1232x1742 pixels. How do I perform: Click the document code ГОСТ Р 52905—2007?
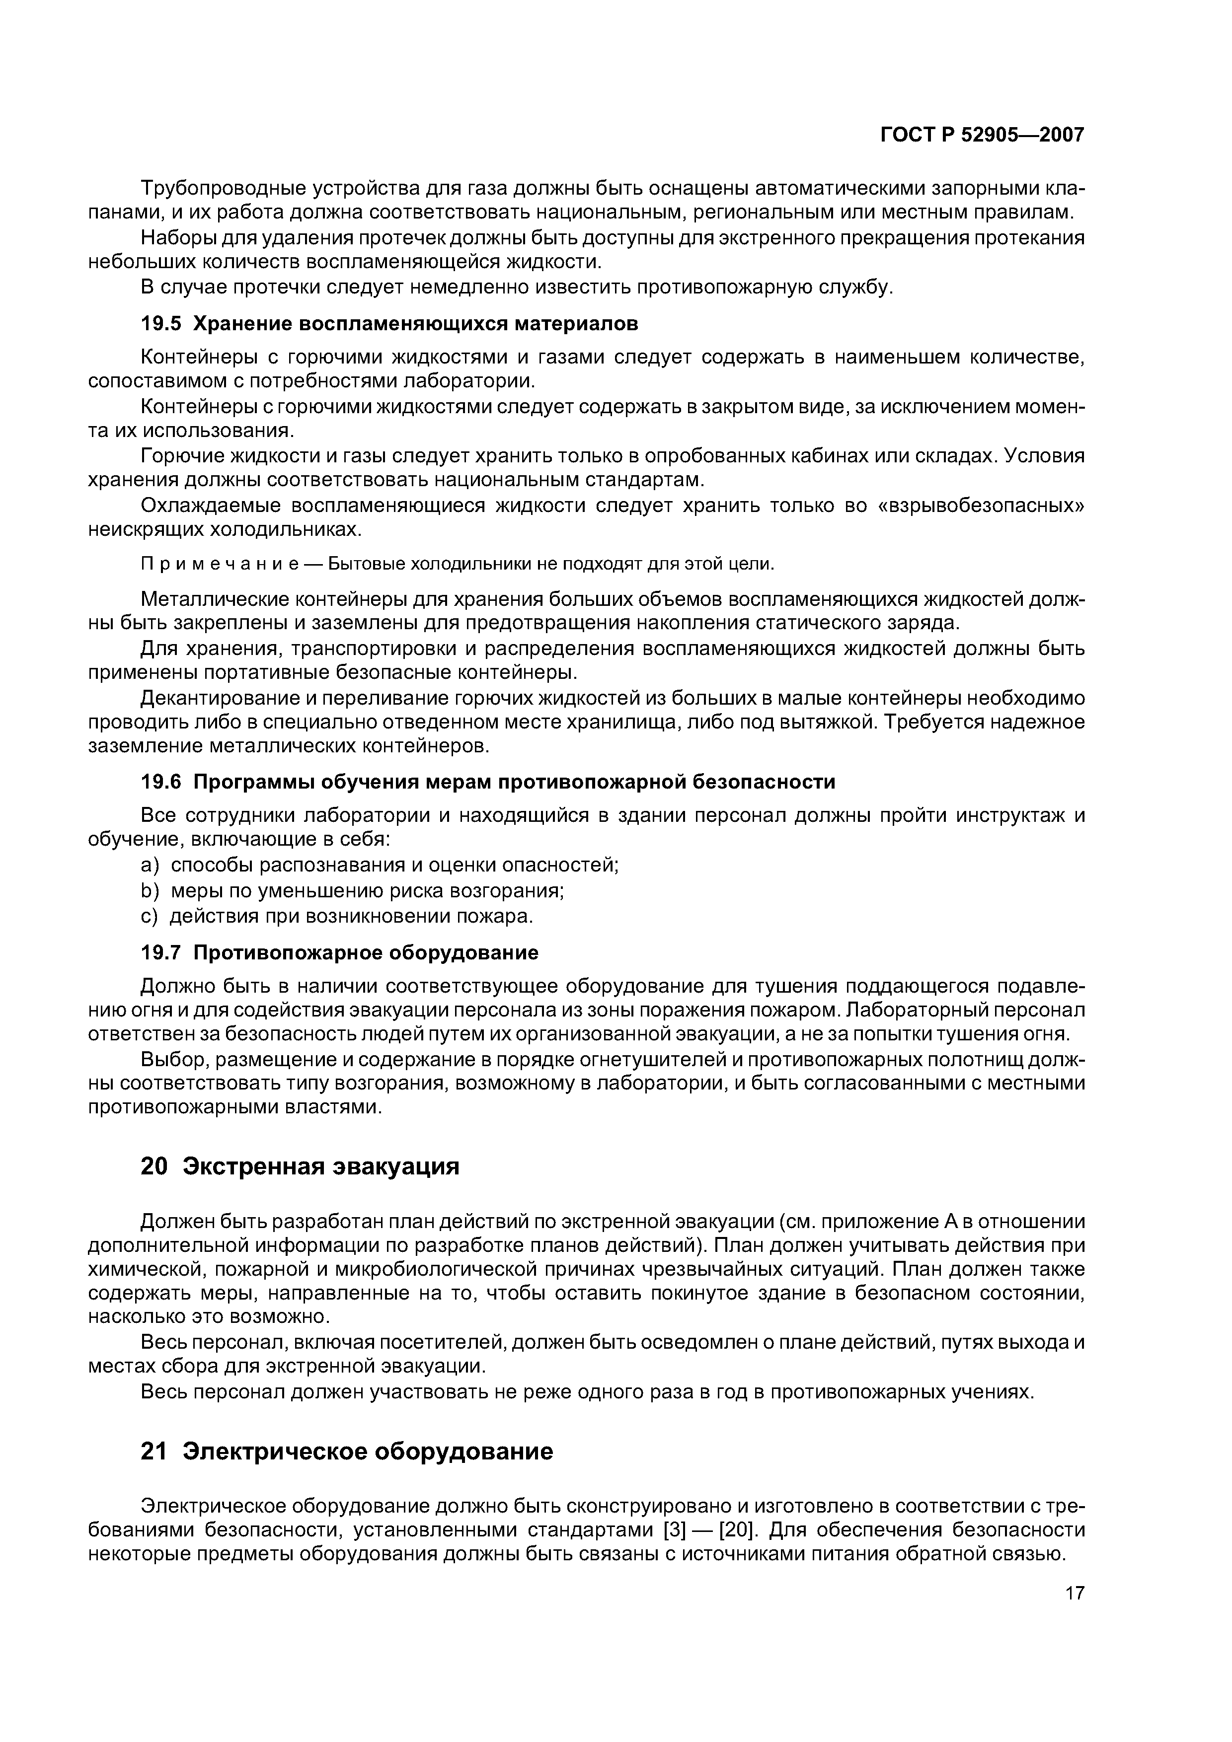coord(982,135)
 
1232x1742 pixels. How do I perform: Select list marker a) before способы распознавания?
coord(150,865)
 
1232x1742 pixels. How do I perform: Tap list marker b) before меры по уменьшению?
coord(150,891)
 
